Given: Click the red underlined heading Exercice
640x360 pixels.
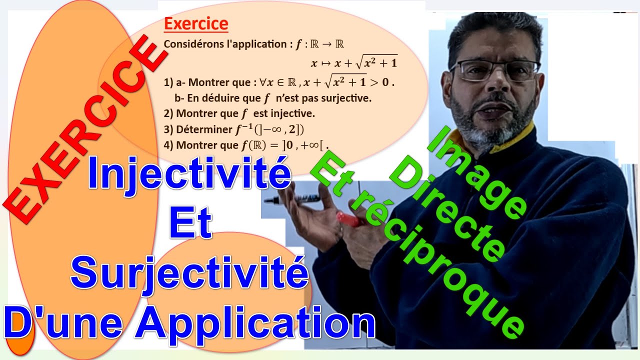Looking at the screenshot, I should (196, 24).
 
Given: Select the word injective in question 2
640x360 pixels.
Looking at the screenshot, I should (295, 113).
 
